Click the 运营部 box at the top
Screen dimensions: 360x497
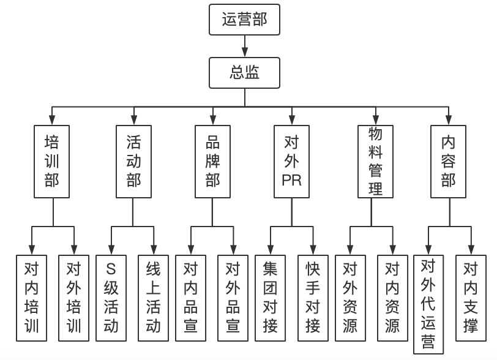245,21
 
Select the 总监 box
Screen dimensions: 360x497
245,72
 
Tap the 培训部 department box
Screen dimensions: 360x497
53,162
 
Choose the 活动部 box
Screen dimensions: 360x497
133,162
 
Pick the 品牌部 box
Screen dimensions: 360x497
213,162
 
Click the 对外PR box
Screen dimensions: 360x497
292,162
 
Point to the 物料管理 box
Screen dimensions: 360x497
376,162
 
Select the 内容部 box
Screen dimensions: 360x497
449,162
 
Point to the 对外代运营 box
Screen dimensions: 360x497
429,304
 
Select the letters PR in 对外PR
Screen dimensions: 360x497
292,181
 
